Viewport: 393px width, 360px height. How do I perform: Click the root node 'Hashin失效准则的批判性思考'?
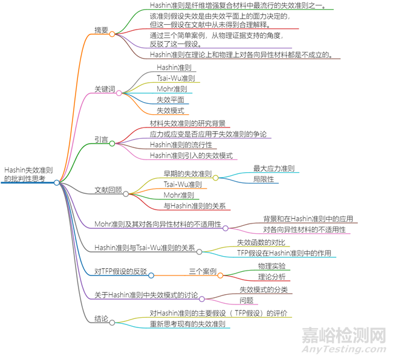(28, 175)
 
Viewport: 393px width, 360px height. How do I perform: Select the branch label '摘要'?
(102, 30)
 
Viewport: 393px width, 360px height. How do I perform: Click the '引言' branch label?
(102, 140)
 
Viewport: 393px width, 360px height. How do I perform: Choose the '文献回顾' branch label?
(108, 190)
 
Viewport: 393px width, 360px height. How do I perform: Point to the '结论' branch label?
(102, 318)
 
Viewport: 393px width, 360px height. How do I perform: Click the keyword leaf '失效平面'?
(171, 100)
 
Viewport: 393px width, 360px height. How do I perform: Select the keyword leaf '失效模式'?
(171, 111)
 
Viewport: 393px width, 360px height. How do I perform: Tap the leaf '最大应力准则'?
(273, 169)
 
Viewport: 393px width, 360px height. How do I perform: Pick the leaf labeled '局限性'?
(264, 179)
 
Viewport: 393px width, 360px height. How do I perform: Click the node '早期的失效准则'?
(187, 174)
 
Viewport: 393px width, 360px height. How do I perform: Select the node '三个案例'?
(203, 272)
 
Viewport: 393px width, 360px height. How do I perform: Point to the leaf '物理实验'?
(271, 266)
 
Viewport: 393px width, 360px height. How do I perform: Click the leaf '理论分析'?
(271, 277)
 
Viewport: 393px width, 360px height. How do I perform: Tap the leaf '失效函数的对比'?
(265, 242)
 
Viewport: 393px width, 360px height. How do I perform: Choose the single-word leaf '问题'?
(247, 300)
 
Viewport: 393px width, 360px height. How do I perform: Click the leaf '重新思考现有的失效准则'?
(188, 324)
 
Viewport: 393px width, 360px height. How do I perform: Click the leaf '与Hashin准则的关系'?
(195, 206)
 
